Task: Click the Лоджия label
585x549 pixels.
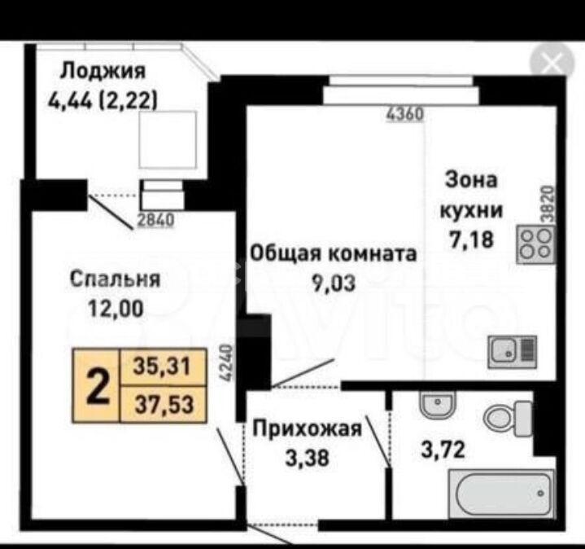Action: tap(103, 72)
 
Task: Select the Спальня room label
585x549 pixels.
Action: tap(116, 279)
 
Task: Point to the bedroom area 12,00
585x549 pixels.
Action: tap(116, 309)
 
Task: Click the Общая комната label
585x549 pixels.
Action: tap(333, 253)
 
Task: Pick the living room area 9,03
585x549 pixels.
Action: tap(334, 283)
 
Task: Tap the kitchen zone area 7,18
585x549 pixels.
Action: tap(472, 239)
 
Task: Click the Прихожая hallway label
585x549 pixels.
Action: tap(308, 428)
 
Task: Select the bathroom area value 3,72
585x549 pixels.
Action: tap(443, 450)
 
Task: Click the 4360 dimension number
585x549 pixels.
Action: tap(405, 114)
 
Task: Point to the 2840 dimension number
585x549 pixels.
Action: tap(156, 221)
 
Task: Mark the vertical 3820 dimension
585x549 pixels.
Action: tap(547, 204)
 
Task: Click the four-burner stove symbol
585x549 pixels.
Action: tap(535, 244)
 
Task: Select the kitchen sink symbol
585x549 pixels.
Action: tap(513, 352)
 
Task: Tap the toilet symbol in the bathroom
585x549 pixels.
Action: tap(508, 419)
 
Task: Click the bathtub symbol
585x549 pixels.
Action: tap(502, 494)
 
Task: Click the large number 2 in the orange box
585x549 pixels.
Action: tap(98, 386)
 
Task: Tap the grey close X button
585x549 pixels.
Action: tap(552, 64)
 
